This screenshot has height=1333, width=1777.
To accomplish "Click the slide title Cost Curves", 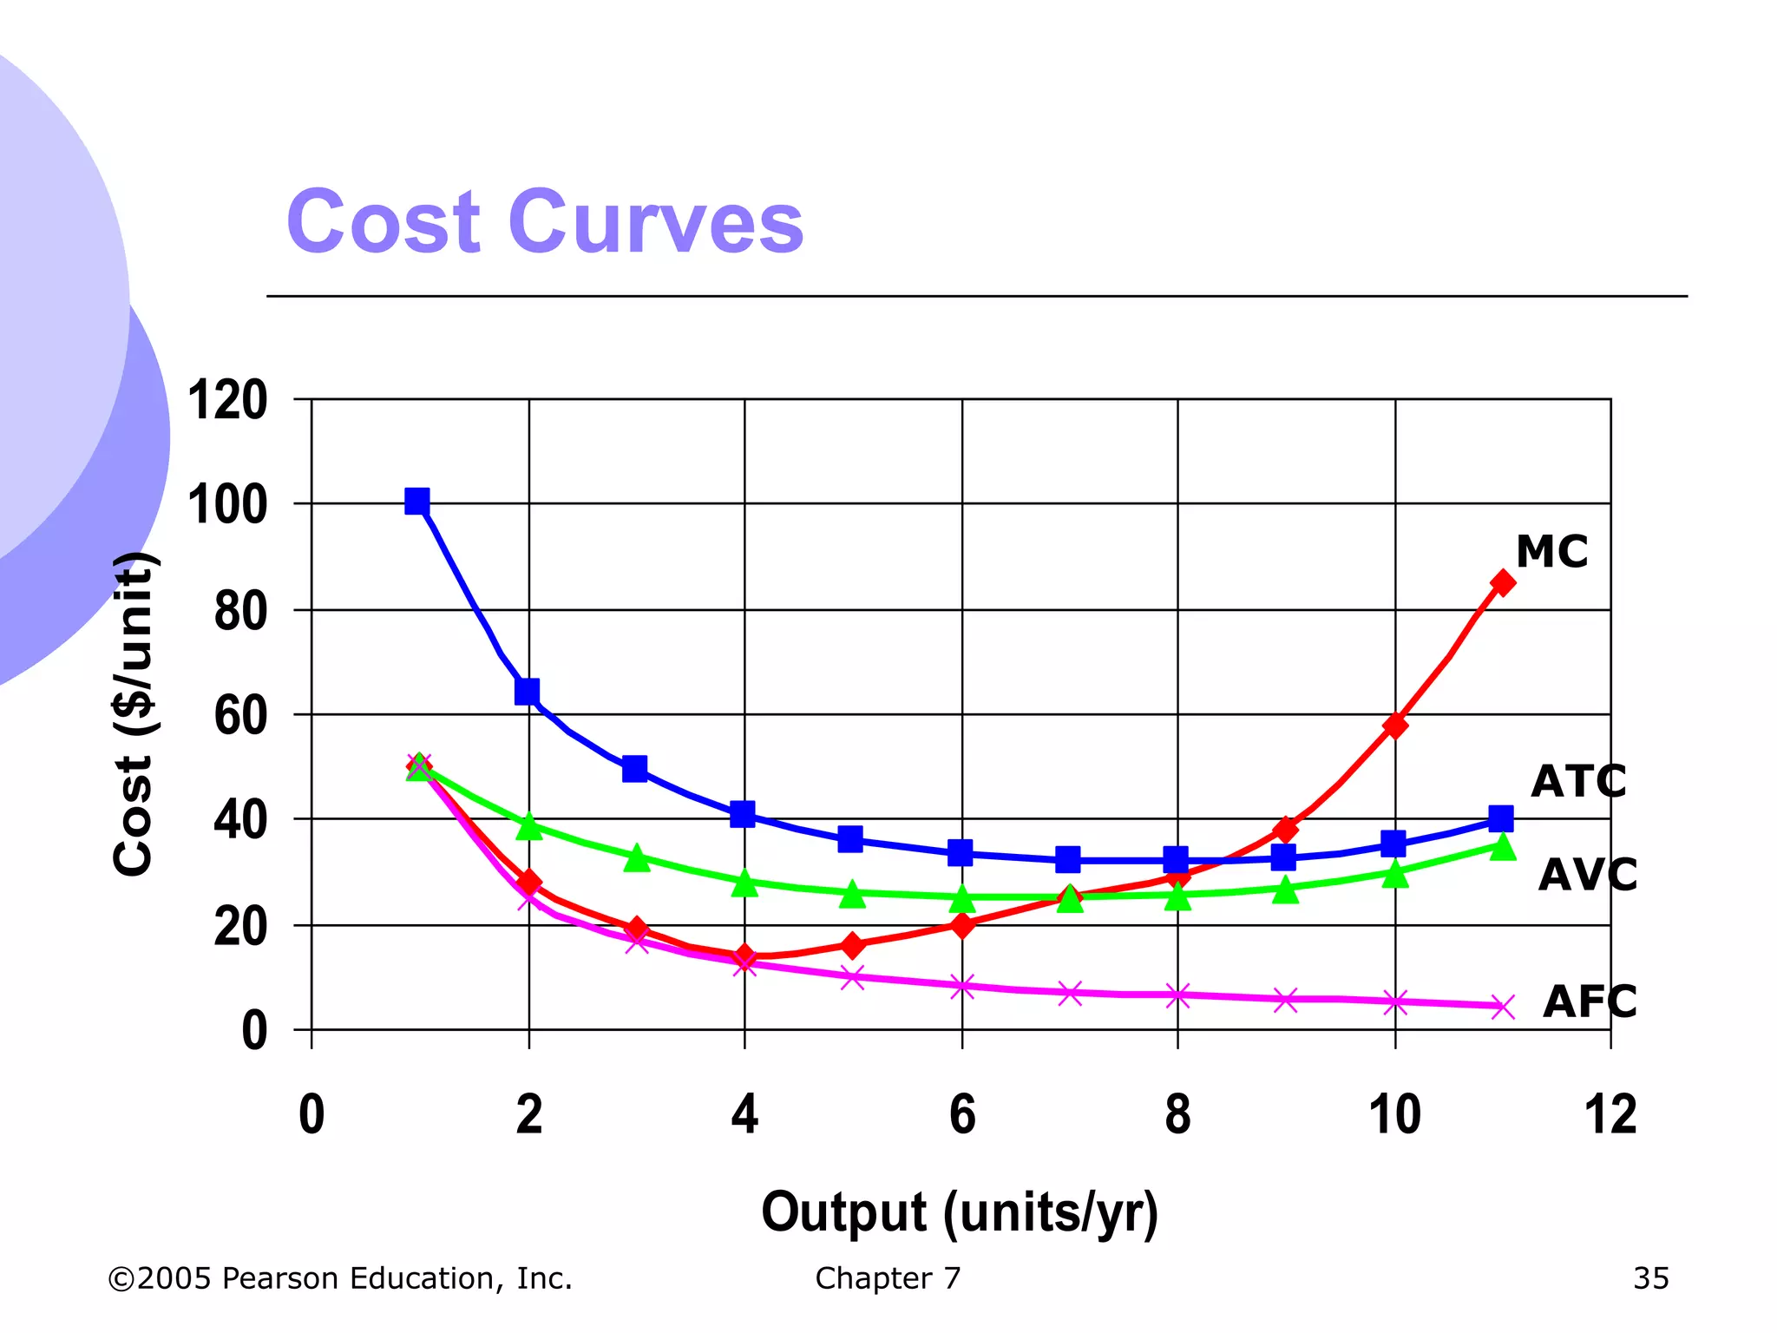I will click(545, 222).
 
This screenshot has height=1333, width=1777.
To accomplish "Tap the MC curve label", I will click(1551, 551).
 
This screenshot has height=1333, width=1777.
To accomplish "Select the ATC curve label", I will click(1577, 781).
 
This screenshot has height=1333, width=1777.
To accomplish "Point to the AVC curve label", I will click(1587, 874).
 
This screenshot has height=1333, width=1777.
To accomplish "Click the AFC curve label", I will click(1589, 1001).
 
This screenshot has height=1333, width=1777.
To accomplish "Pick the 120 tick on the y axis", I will click(227, 401).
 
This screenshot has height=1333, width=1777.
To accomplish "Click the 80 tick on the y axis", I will click(240, 611).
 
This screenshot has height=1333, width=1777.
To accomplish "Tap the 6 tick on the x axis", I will click(961, 1114).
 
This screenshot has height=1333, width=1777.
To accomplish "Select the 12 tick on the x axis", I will click(1610, 1114).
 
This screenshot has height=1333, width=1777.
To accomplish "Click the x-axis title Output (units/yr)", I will click(960, 1212).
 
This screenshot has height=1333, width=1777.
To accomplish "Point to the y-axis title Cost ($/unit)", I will click(134, 713).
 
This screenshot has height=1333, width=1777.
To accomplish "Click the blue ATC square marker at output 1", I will click(417, 502).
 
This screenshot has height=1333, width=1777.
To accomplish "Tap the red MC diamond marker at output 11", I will click(1502, 582).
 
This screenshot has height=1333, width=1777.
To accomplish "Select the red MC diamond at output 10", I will click(1394, 725).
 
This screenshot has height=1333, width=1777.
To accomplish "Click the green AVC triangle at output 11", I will click(1502, 847).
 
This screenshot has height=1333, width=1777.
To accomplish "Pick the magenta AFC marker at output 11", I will click(1502, 1007).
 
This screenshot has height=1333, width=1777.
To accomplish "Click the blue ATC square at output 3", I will click(634, 769).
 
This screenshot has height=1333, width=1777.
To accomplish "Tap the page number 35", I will click(1650, 1278).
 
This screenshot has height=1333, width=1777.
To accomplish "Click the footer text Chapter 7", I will click(888, 1278).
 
